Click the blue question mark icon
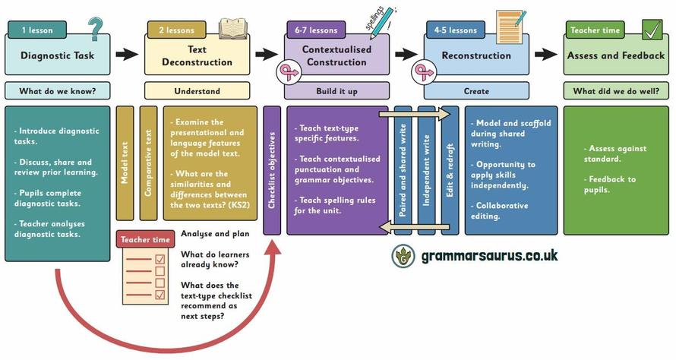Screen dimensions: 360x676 [95, 30]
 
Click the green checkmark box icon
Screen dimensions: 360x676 [652, 30]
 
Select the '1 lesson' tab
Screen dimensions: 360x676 [36, 30]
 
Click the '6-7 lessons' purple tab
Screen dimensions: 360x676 [316, 30]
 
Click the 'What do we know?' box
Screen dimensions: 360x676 [57, 91]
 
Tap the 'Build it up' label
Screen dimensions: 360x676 [336, 91]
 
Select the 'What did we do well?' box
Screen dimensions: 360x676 [616, 91]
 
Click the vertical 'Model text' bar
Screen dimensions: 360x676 [125, 163]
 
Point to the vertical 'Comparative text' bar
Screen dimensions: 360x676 [149, 163]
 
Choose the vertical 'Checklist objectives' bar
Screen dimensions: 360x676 [272, 170]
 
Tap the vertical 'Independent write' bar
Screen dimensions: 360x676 [427, 170]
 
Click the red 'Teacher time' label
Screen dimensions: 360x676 [147, 240]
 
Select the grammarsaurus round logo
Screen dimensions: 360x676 [403, 256]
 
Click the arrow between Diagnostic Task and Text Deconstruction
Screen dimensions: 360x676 [127, 55]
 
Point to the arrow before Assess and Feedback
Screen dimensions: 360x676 [546, 55]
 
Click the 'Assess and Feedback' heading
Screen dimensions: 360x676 [616, 55]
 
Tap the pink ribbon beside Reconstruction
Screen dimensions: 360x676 [422, 73]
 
